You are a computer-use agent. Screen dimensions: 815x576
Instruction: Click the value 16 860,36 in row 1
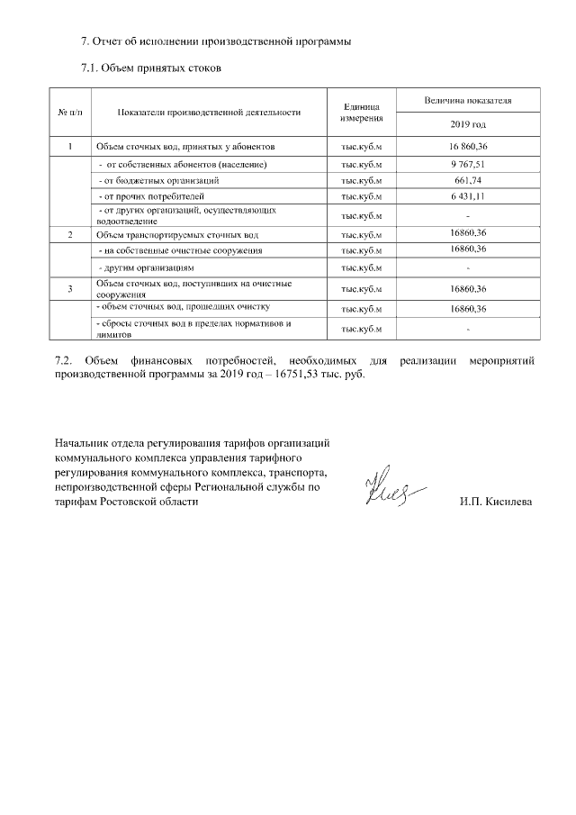(x=468, y=146)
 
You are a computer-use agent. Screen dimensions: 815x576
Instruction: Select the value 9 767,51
(x=468, y=165)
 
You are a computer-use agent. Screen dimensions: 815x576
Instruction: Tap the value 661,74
(x=468, y=180)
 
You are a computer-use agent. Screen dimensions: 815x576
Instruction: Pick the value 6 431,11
(x=468, y=195)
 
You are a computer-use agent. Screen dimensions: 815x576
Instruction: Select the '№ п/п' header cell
(x=71, y=112)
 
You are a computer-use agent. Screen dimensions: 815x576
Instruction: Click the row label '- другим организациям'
(x=146, y=268)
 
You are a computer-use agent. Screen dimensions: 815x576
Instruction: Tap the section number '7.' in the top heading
(x=85, y=41)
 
